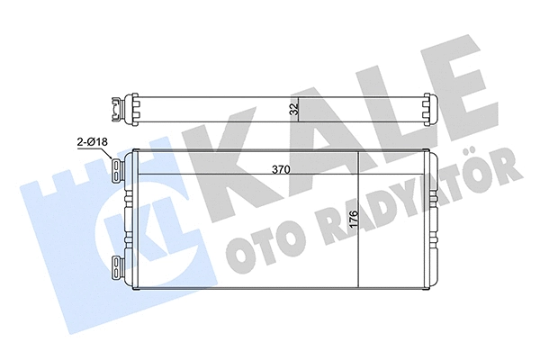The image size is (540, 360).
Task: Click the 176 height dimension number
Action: point(355,220)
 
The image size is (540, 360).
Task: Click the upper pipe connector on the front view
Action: point(118,170)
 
